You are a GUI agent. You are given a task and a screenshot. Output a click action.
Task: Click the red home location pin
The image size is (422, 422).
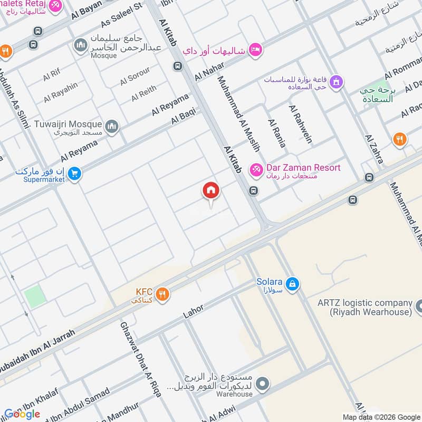pyautogui.click(x=211, y=191)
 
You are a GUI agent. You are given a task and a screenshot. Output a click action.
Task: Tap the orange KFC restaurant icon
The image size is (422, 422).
pyautogui.click(x=162, y=294)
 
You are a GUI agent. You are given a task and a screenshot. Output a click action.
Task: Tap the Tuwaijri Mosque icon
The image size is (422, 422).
pyautogui.click(x=111, y=126)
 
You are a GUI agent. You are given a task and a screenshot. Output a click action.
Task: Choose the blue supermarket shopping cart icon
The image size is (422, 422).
pyautogui.click(x=75, y=172)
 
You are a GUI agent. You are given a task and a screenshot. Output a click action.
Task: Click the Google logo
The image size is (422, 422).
pyautogui.click(x=22, y=414)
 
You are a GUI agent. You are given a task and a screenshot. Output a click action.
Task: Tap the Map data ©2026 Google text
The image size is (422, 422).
pyautogui.click(x=380, y=416)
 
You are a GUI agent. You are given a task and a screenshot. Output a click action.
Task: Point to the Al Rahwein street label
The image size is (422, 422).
pyautogui.click(x=300, y=124)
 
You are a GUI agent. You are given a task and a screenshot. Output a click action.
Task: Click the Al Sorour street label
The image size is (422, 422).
pyautogui.click(x=135, y=76)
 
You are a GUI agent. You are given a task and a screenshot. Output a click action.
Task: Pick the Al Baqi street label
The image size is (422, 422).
pyautogui.click(x=183, y=116)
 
